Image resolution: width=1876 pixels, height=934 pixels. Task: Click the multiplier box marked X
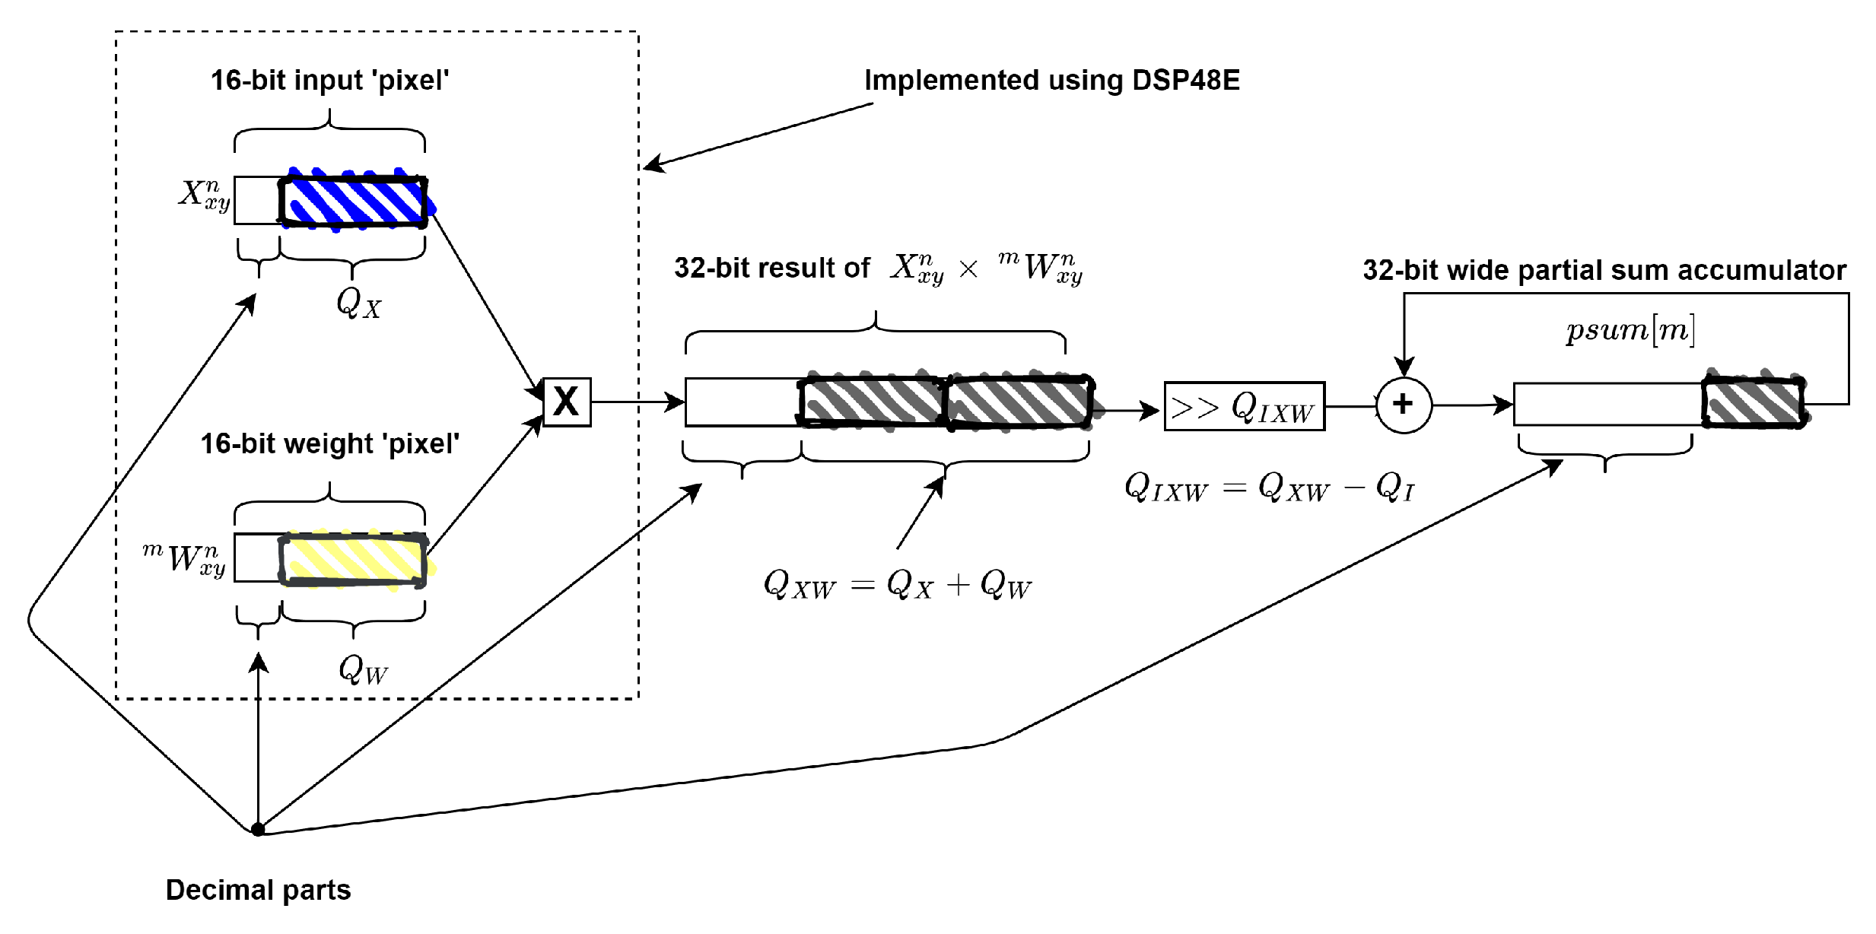(x=567, y=402)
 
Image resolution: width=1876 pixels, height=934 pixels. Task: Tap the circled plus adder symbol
(x=1404, y=405)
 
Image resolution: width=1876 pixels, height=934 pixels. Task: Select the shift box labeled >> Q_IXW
(x=1244, y=406)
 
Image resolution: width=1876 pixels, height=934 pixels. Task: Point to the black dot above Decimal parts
(x=258, y=829)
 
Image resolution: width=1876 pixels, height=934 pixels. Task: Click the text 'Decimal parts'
(x=258, y=890)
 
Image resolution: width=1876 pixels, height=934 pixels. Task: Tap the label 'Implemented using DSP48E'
(x=1051, y=81)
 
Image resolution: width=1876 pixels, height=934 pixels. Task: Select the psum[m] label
(x=1630, y=330)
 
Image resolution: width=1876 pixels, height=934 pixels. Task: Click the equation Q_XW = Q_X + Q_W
(x=898, y=585)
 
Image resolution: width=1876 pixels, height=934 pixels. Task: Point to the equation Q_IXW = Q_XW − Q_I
(x=1269, y=487)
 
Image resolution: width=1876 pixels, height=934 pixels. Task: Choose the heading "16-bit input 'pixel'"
(x=329, y=81)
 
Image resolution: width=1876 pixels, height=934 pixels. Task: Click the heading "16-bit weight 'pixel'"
(x=329, y=443)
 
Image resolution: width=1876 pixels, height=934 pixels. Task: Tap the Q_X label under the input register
(x=358, y=303)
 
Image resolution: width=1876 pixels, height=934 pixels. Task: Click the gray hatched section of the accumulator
(x=1753, y=403)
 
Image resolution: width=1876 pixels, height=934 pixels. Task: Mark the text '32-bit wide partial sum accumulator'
(x=1604, y=270)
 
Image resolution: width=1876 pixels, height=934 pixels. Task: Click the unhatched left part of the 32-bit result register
(x=742, y=402)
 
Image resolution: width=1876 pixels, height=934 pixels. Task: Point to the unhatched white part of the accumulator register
(x=1607, y=404)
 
